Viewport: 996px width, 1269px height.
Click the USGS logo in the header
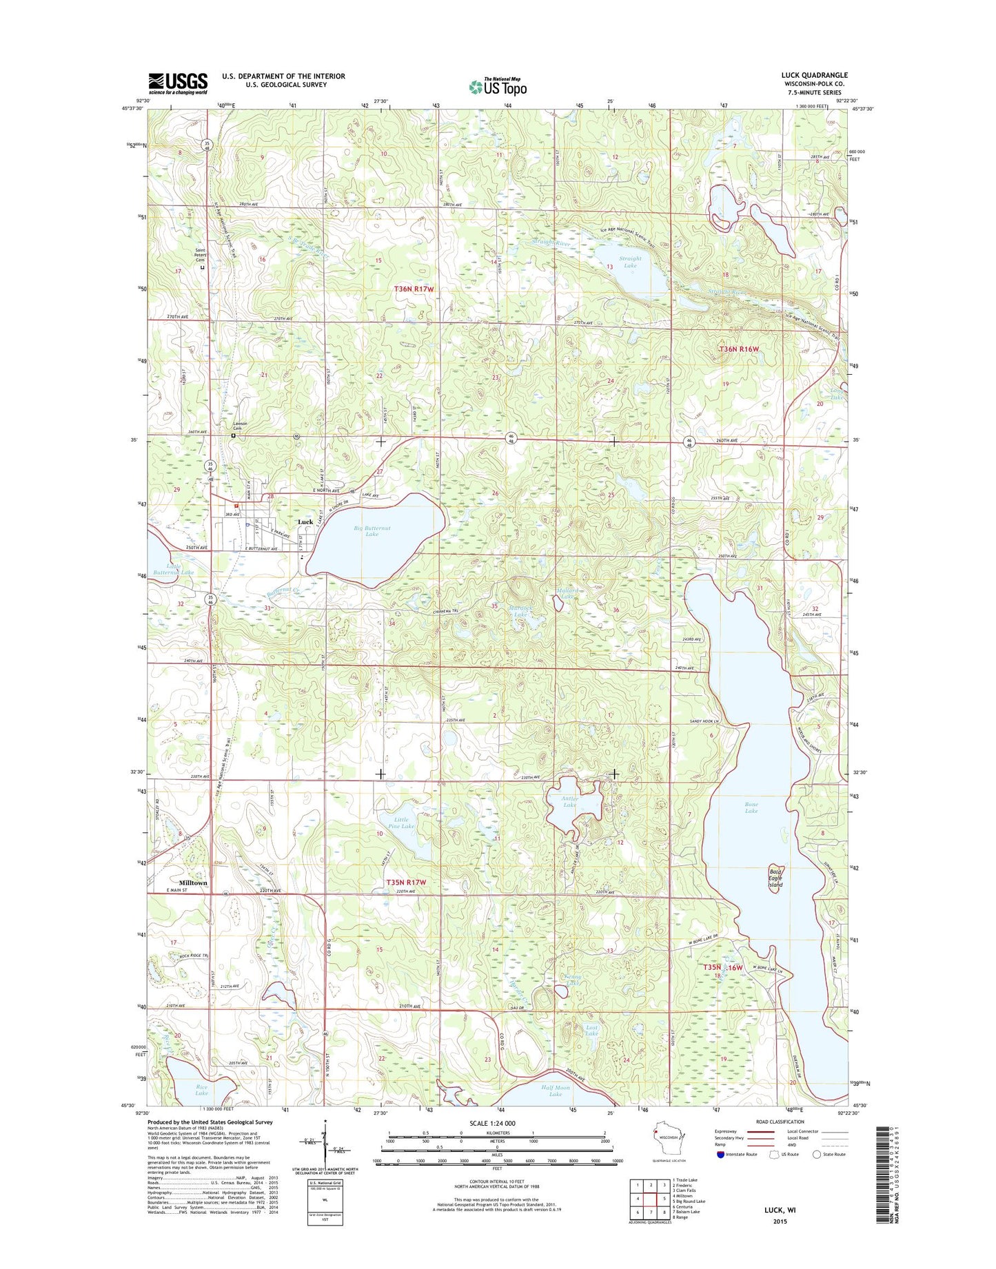177,83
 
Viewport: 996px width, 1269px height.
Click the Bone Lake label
751,807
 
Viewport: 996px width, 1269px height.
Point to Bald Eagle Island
776,879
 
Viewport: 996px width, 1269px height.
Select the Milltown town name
193,883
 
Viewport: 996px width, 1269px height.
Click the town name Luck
305,522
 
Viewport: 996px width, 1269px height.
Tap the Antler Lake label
569,802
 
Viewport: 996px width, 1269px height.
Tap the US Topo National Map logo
498,86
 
